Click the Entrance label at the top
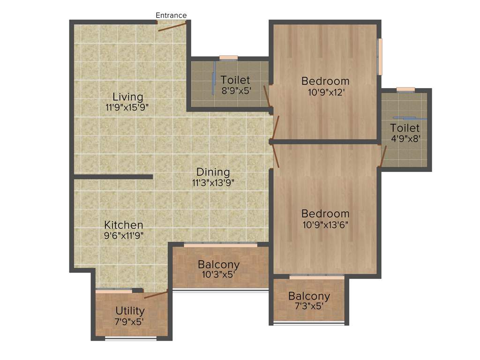click(x=171, y=15)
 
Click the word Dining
click(x=213, y=172)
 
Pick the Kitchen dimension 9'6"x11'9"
click(x=124, y=235)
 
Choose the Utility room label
click(x=130, y=311)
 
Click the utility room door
click(x=156, y=294)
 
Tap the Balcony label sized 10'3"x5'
click(x=218, y=264)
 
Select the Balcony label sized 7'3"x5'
click(x=309, y=296)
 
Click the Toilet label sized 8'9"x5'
click(x=235, y=80)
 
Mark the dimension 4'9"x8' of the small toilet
click(x=405, y=138)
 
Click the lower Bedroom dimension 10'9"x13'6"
click(x=325, y=224)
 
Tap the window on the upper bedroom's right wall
click(x=380, y=56)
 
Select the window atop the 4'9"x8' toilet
click(x=405, y=89)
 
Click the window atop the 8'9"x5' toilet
click(x=228, y=58)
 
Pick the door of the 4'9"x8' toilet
click(x=383, y=157)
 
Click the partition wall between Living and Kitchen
click(x=113, y=177)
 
